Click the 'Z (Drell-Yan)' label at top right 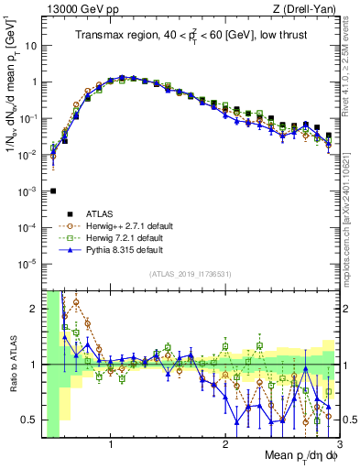pos(308,8)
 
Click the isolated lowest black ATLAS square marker pos(53,191)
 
